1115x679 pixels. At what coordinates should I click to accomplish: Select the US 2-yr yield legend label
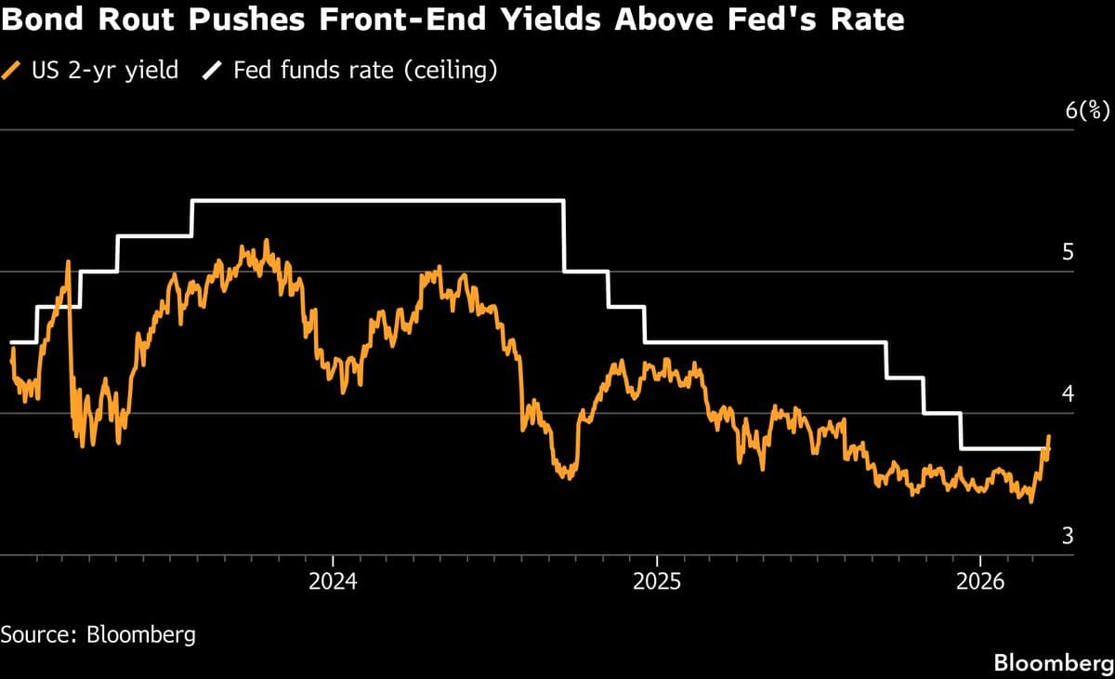click(104, 70)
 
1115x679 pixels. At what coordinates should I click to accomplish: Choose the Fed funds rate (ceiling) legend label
click(365, 70)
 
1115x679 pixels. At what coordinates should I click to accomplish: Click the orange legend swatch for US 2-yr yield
click(12, 70)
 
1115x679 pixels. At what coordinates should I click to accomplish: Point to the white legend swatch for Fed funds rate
click(212, 70)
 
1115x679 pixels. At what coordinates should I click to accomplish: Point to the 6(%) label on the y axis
click(1086, 110)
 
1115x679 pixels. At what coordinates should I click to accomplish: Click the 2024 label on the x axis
click(333, 582)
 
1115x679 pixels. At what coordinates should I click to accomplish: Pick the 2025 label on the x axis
click(657, 582)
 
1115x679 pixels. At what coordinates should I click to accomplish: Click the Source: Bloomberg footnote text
click(98, 635)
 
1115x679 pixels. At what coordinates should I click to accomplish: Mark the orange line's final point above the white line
click(1049, 436)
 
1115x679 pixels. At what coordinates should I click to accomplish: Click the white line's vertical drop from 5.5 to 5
click(565, 236)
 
